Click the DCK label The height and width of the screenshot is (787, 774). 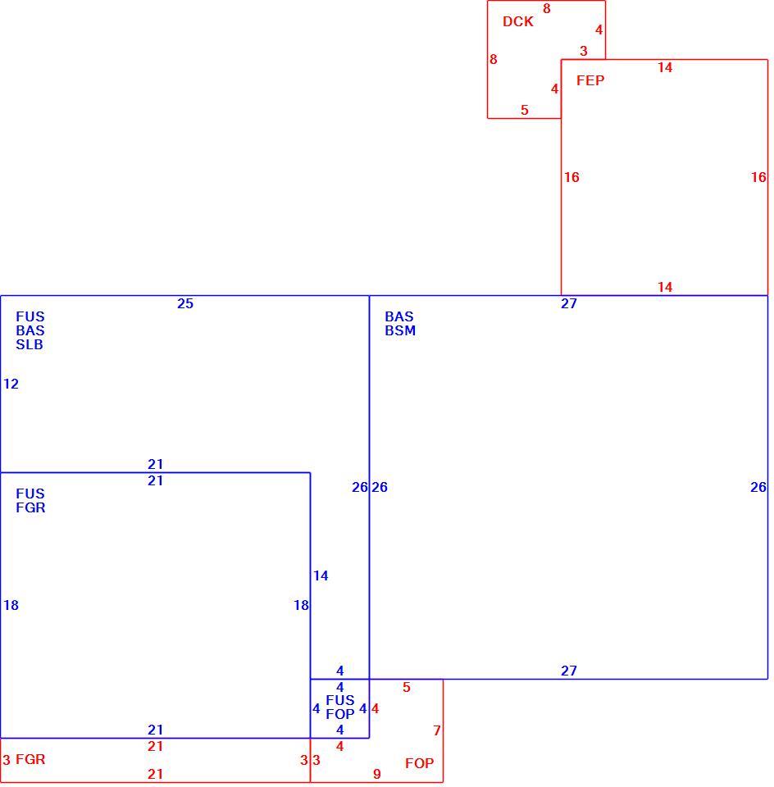[517, 21]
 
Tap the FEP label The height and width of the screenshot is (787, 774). [590, 80]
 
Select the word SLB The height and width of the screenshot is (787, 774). [30, 345]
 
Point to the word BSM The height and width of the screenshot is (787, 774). [400, 330]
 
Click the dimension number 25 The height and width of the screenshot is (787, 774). [185, 303]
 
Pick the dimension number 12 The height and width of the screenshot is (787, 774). [11, 384]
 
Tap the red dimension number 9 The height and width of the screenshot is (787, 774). [377, 775]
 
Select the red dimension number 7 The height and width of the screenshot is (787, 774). [437, 730]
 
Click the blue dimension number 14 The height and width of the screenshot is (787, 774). [321, 575]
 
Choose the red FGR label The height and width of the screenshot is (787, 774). [30, 759]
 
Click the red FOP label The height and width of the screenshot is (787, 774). [419, 763]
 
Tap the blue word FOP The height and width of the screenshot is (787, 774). [339, 714]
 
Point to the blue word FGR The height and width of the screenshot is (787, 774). [30, 507]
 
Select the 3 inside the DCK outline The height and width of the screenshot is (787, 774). [583, 51]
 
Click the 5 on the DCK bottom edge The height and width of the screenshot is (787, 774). [525, 110]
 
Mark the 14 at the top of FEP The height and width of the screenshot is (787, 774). [665, 67]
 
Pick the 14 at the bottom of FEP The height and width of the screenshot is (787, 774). [665, 287]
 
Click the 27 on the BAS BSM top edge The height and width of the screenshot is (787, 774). [569, 303]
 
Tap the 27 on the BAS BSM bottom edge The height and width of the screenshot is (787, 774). [569, 671]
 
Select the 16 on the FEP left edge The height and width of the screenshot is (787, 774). [571, 177]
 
